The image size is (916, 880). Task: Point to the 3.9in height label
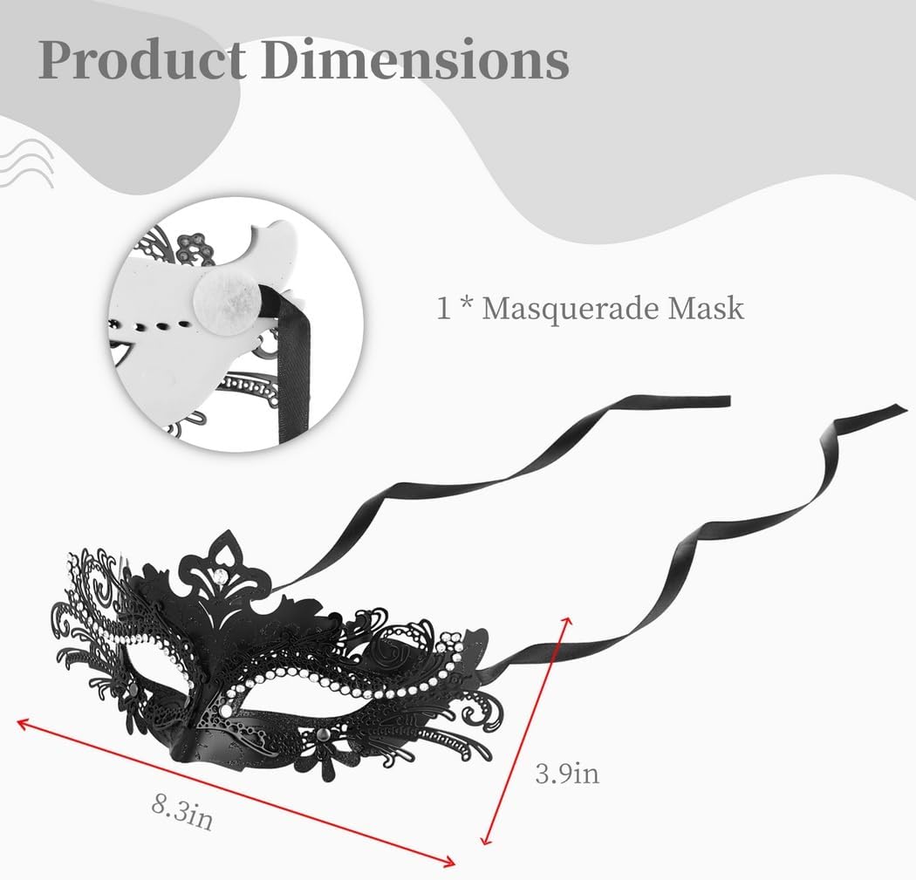coord(566,773)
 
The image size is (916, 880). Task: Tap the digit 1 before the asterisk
coord(445,308)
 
